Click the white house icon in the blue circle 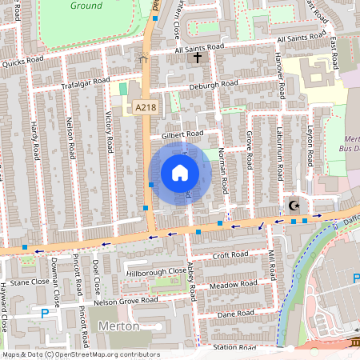180,173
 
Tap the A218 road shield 145,107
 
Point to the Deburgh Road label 214,86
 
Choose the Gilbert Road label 182,134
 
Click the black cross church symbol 197,58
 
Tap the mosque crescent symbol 294,206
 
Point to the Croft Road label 231,255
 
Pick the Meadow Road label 232,285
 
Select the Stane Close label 30,282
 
